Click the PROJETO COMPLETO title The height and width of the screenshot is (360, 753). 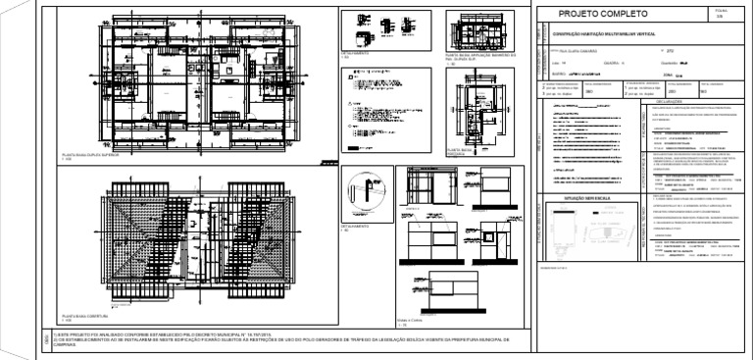603,15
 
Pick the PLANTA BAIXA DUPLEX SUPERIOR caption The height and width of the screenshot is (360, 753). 88,155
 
